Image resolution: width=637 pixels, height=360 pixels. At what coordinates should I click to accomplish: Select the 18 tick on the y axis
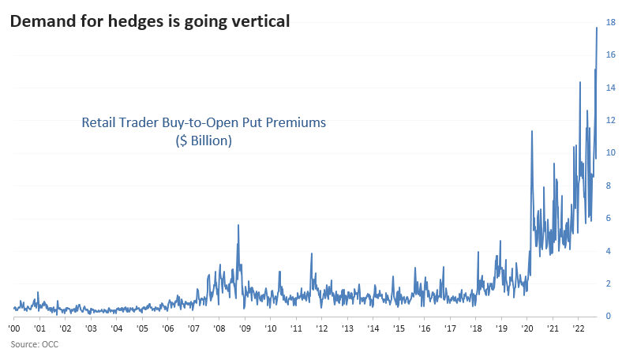coord(610,22)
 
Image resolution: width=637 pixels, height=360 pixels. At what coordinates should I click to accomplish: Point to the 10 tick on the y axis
coord(610,153)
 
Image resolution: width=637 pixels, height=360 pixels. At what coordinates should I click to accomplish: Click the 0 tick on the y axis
coord(608,317)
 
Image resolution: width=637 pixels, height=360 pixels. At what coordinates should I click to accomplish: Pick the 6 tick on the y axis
coord(608,219)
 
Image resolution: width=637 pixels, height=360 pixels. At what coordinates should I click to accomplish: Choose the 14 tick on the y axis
coord(610,88)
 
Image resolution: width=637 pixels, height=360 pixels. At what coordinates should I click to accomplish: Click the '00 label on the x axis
coord(14,328)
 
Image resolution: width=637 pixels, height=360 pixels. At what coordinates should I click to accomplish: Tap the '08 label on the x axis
coord(219,328)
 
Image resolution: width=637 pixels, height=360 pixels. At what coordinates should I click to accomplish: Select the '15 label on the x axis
coord(399,328)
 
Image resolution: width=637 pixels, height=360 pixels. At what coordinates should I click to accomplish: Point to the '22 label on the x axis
coord(578,328)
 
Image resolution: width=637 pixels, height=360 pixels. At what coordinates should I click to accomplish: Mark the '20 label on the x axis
coord(526,328)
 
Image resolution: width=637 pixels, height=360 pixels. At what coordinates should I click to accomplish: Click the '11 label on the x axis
coord(296,328)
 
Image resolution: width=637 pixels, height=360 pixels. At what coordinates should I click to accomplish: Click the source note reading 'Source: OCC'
coord(35,344)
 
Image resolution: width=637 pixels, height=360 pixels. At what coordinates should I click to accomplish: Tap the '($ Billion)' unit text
coord(204,141)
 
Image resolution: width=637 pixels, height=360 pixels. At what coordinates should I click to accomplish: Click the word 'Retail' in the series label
coord(100,123)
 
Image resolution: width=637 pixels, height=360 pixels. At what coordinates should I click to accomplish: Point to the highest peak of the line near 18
coord(596,28)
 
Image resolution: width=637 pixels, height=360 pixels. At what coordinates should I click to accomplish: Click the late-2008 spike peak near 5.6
coord(238,225)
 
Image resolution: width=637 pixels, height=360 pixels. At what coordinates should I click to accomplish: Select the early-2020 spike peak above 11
coord(531,131)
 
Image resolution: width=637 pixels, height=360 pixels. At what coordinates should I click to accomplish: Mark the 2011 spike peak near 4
coord(312,253)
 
